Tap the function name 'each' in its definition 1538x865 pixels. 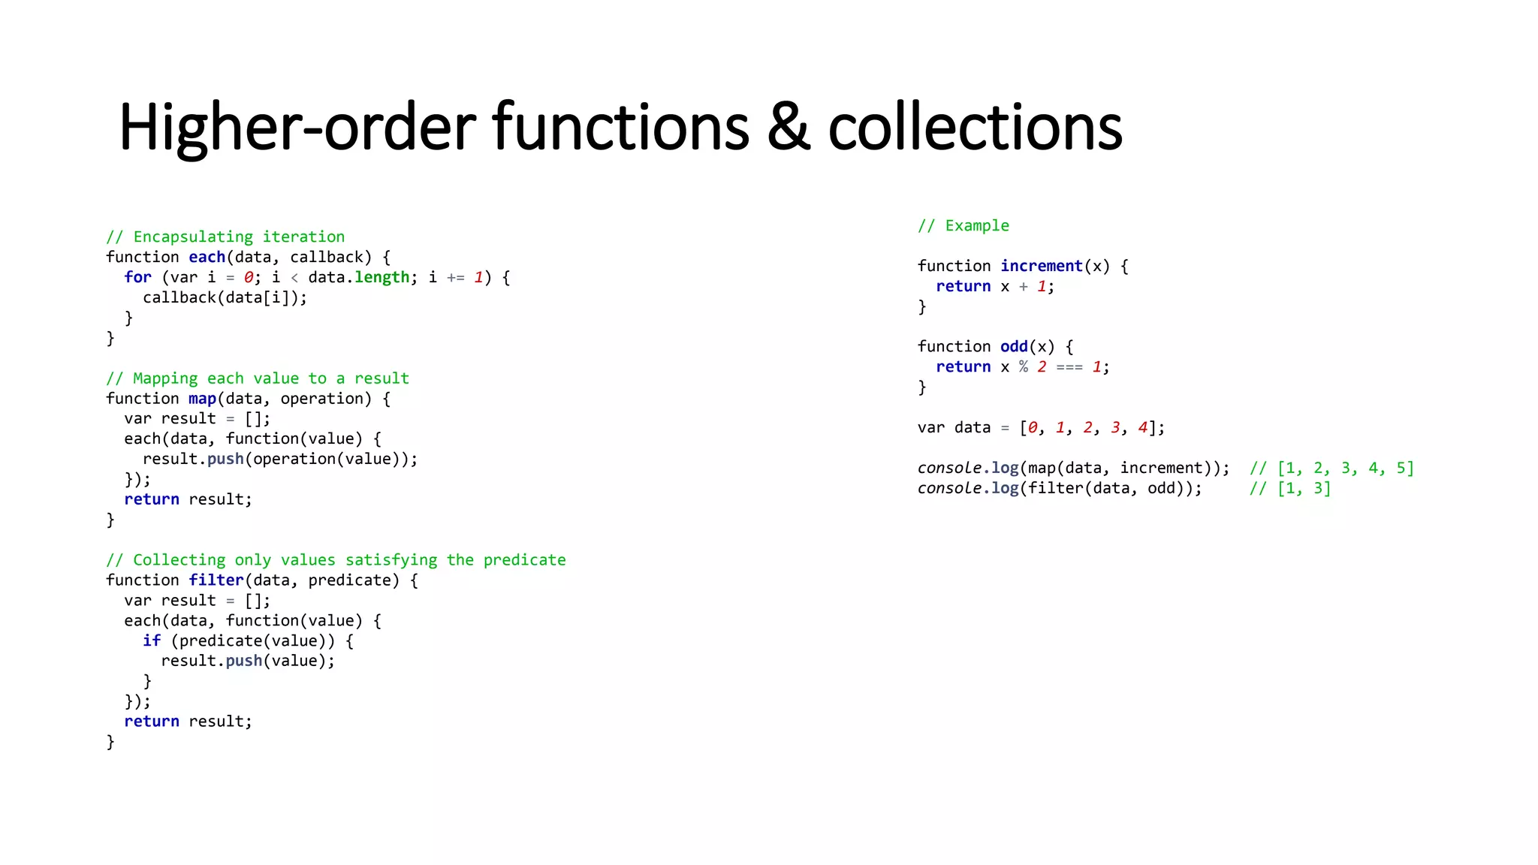tap(207, 258)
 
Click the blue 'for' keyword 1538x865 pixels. tap(137, 278)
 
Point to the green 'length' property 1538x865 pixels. tap(382, 278)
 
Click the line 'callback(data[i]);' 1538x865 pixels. tap(225, 298)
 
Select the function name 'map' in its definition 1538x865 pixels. tap(202, 399)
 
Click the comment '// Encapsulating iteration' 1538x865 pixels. tap(225, 237)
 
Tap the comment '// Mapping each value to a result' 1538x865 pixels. tap(258, 378)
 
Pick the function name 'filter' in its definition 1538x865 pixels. tap(216, 580)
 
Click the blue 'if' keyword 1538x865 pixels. tap(152, 640)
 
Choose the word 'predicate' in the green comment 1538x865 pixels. tap(524, 560)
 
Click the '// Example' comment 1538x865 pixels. tap(964, 226)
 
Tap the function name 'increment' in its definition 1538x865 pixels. tap(1041, 267)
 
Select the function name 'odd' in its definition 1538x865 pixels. tap(1014, 347)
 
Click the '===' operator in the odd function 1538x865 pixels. tap(1069, 367)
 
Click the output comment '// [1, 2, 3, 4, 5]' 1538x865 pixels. tap(1331, 469)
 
